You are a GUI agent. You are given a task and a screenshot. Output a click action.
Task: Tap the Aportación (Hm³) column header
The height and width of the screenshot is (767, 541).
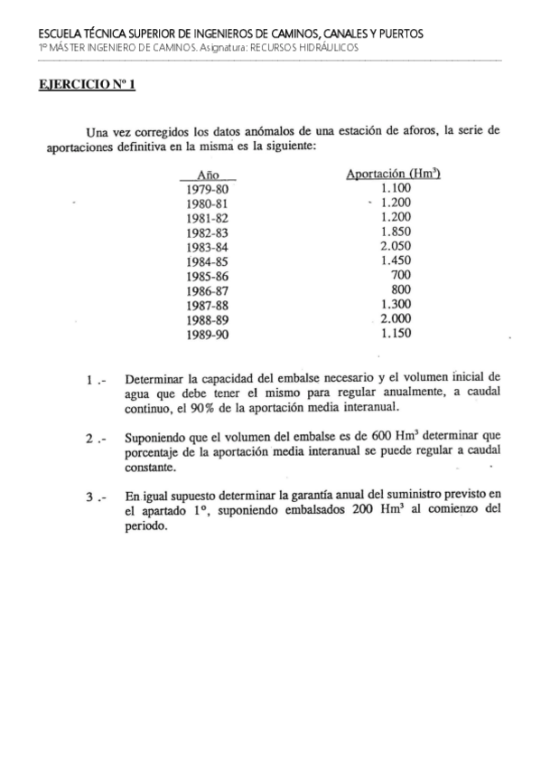[387, 173]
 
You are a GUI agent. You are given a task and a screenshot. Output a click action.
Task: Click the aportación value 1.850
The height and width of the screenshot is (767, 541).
[396, 232]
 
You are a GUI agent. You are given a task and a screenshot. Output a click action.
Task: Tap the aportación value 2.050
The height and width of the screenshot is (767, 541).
[396, 246]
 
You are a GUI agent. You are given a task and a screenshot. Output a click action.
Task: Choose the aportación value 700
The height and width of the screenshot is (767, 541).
[401, 275]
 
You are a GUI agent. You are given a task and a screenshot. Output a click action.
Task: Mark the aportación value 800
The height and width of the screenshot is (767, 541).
[401, 289]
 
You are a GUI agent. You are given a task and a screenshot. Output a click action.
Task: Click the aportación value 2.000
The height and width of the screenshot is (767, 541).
[396, 318]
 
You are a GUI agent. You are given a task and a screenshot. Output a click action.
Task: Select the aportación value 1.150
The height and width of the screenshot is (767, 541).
[396, 333]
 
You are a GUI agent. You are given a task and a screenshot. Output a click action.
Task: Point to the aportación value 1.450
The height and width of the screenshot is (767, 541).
[396, 260]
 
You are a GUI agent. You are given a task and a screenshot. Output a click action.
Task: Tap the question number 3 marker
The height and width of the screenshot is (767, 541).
[94, 497]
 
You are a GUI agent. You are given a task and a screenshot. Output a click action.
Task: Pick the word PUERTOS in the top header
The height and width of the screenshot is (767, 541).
[398, 33]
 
